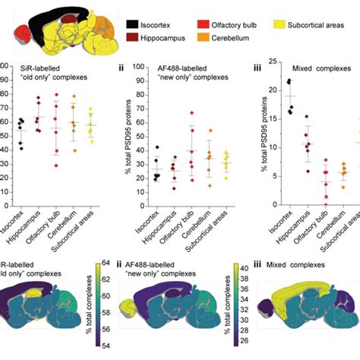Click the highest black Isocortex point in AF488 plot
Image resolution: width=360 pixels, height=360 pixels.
156,147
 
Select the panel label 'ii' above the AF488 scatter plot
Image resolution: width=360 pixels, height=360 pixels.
121,68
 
